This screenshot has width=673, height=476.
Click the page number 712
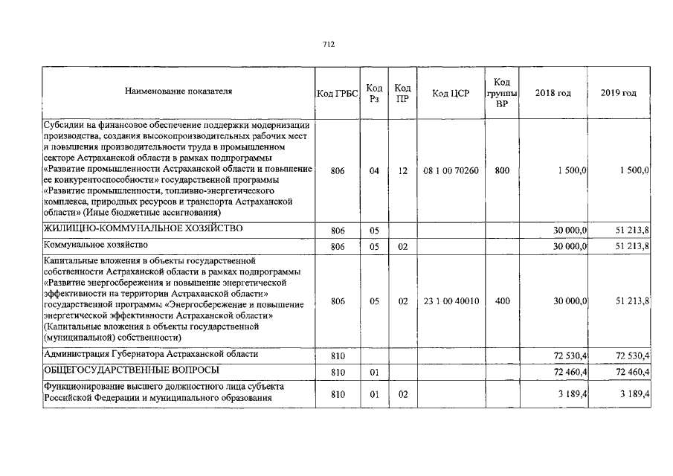[x=329, y=45]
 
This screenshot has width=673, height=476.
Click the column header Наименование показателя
[x=178, y=91]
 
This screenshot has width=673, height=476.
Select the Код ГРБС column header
[x=337, y=93]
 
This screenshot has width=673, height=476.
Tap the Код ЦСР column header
[x=451, y=93]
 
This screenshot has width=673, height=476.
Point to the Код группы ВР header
[x=502, y=93]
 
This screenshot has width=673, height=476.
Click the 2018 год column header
[x=555, y=93]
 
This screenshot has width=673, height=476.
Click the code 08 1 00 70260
[x=451, y=171]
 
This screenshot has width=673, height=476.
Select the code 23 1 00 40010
[x=451, y=301]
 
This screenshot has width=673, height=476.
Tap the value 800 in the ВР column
[x=502, y=171]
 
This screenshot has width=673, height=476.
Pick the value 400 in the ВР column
[x=502, y=301]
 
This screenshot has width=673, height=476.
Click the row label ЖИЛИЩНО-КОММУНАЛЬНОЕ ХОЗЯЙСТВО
[x=143, y=228]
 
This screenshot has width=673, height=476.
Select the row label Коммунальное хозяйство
[x=96, y=245]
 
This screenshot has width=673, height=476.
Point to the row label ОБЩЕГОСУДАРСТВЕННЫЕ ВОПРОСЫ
[x=131, y=370]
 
